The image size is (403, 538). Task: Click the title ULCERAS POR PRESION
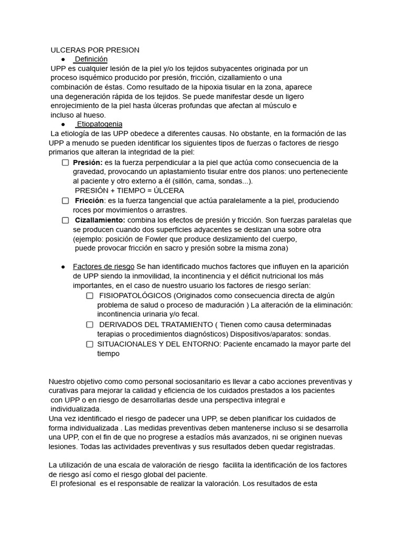coord(95,50)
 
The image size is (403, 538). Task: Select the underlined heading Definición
coord(91,59)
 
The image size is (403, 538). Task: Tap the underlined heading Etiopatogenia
coord(99,124)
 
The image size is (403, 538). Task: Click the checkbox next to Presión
coord(65,162)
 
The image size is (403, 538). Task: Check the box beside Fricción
coord(65,201)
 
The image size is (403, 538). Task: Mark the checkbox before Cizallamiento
coord(65,220)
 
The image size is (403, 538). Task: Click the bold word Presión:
coord(88,162)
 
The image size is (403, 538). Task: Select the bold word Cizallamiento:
coord(100,220)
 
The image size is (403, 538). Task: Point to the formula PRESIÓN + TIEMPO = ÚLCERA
coord(129,191)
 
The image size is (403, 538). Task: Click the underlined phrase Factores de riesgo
coord(103,266)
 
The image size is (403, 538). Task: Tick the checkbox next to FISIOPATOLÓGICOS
coord(90,295)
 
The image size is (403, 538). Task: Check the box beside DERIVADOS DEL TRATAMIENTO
coord(90,325)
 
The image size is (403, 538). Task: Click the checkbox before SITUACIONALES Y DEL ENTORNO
coord(90,344)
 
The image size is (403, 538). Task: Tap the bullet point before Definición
coord(63,60)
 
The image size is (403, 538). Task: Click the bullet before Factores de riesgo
coord(63,267)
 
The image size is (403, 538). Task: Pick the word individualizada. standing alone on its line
coord(76,409)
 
